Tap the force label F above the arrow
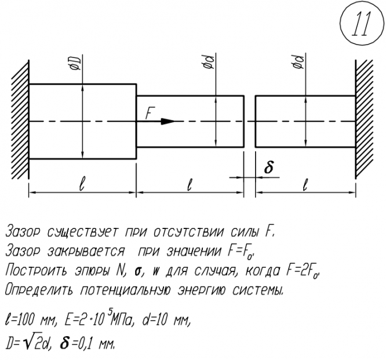150,114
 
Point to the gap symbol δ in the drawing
268,168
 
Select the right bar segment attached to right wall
305,122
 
